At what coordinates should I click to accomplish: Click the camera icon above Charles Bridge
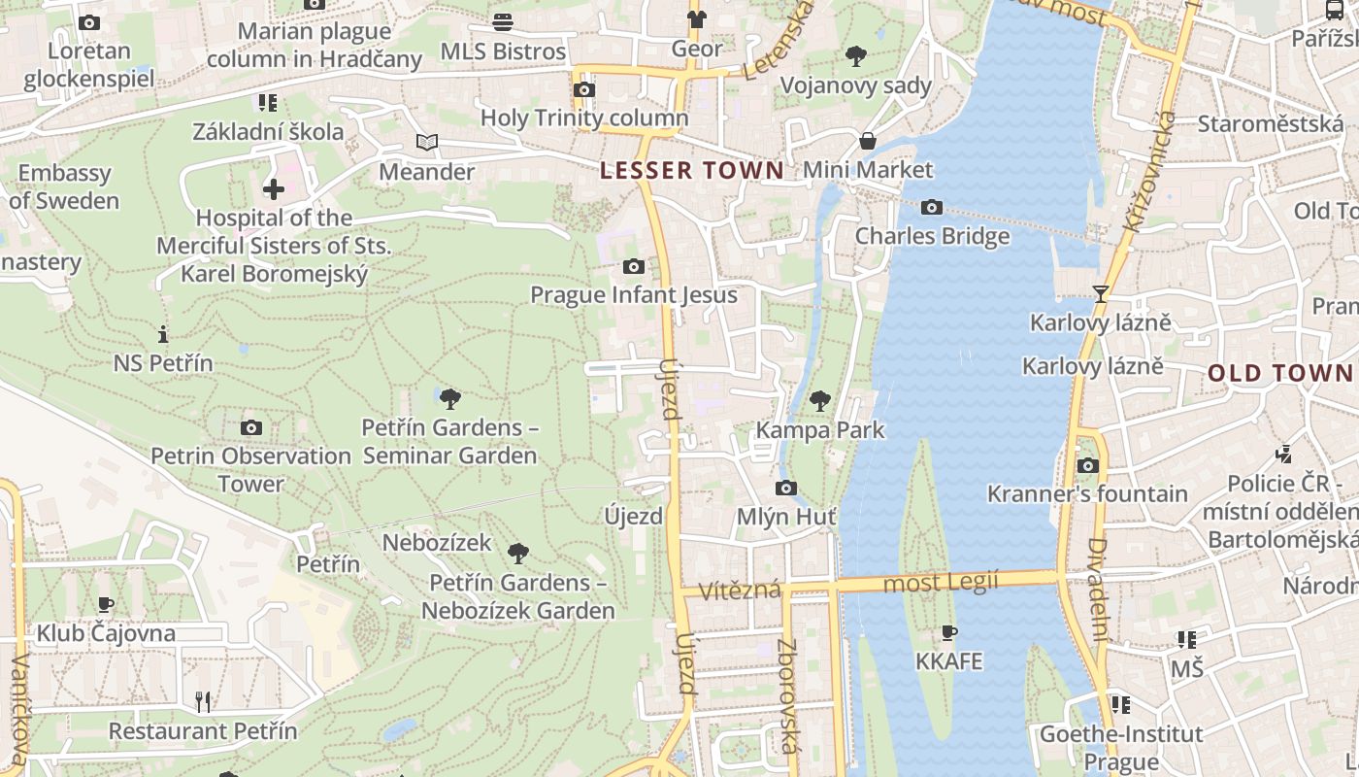point(931,207)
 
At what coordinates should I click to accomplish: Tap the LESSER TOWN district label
point(691,171)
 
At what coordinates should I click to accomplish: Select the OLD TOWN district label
point(1280,373)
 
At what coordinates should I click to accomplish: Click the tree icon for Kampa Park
point(820,400)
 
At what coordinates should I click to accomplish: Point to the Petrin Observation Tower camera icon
point(250,427)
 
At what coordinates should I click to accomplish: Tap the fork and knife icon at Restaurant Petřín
point(203,701)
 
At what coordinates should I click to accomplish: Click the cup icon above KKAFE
point(949,633)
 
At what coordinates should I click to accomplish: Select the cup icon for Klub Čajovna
point(106,605)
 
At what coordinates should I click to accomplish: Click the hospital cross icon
point(274,188)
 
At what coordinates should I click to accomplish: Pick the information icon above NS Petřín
point(163,334)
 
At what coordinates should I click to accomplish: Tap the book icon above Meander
point(426,143)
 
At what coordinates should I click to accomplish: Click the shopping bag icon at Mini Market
point(867,141)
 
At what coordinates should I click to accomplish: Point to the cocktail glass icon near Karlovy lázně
point(1100,293)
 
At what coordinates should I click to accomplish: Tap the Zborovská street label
point(788,695)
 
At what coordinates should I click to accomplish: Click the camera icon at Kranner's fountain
point(1087,465)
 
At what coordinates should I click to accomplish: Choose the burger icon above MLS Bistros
point(503,21)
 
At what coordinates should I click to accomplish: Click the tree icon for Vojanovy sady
point(855,55)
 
